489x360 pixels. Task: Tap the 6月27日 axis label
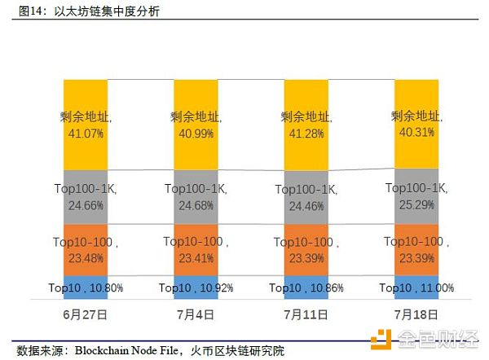86,314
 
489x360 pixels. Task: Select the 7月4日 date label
196,314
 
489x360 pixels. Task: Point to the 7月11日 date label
305,314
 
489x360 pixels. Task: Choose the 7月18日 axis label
416,314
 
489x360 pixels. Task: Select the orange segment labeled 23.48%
86,249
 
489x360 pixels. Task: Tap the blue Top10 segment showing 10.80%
86,287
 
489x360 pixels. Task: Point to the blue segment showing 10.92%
196,287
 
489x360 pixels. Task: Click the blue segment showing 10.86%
305,287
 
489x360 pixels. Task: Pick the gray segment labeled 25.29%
416,196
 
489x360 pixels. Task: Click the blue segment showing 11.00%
416,287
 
